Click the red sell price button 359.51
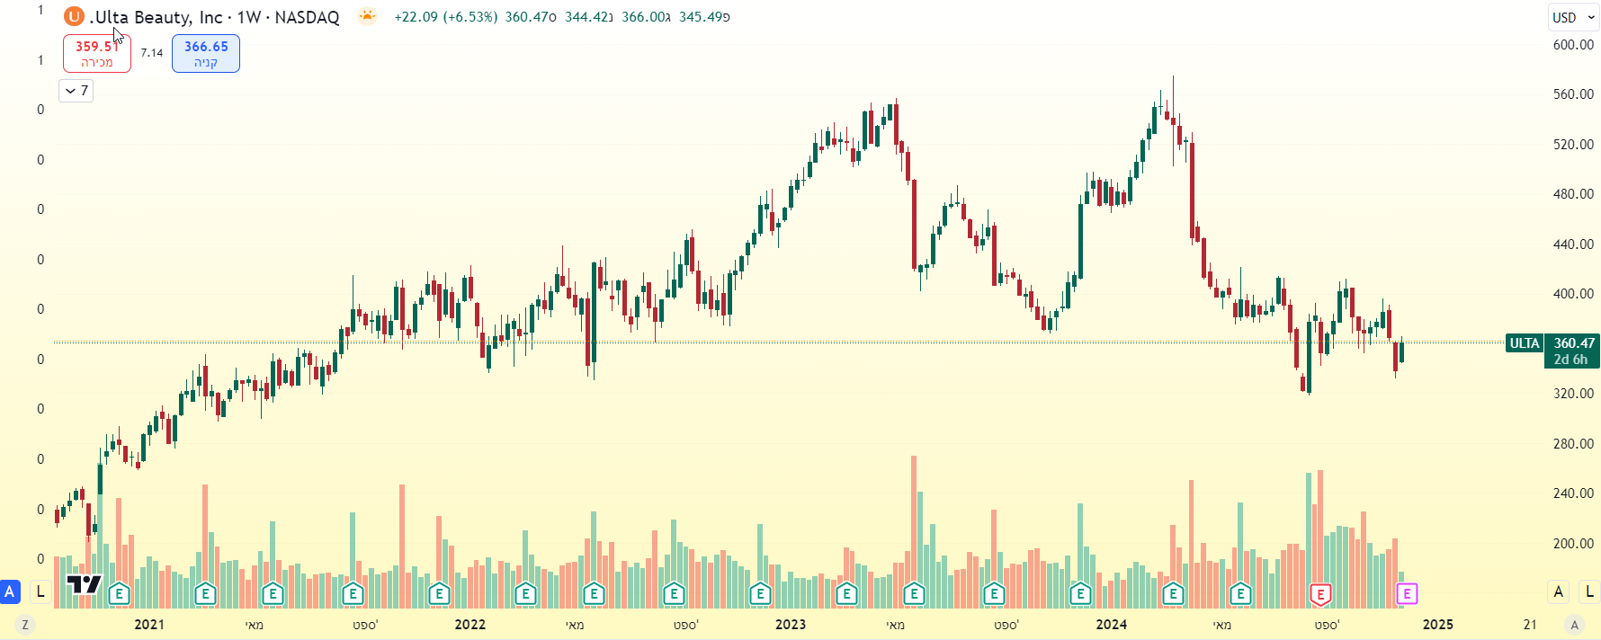96,53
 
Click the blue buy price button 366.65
206,53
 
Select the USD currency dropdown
1572,17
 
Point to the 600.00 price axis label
1573,44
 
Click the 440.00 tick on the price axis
1573,244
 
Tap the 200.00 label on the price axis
1573,543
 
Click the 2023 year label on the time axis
791,624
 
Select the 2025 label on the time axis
1437,624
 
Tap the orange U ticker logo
74,17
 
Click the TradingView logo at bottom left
85,585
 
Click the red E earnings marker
1320,593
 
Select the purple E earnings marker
1407,593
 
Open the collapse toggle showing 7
76,91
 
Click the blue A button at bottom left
10,591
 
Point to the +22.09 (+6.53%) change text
445,17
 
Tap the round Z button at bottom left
25,625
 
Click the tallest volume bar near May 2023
914,521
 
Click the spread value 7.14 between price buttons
152,53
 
